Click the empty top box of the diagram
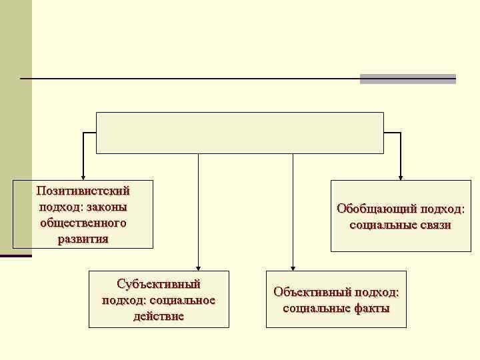click(240, 133)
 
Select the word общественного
click(83, 223)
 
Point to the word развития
click(83, 239)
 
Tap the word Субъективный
click(159, 284)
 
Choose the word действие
click(159, 316)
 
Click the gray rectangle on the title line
click(407, 79)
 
